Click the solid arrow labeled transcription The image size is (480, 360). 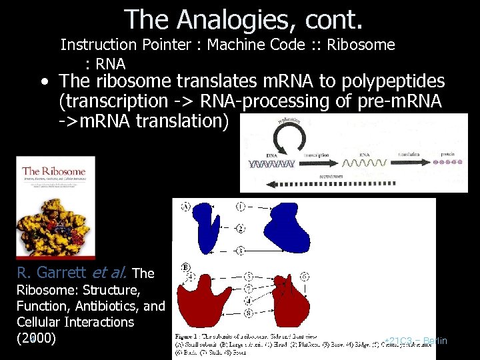317,162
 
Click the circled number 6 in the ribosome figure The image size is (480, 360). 305,275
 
